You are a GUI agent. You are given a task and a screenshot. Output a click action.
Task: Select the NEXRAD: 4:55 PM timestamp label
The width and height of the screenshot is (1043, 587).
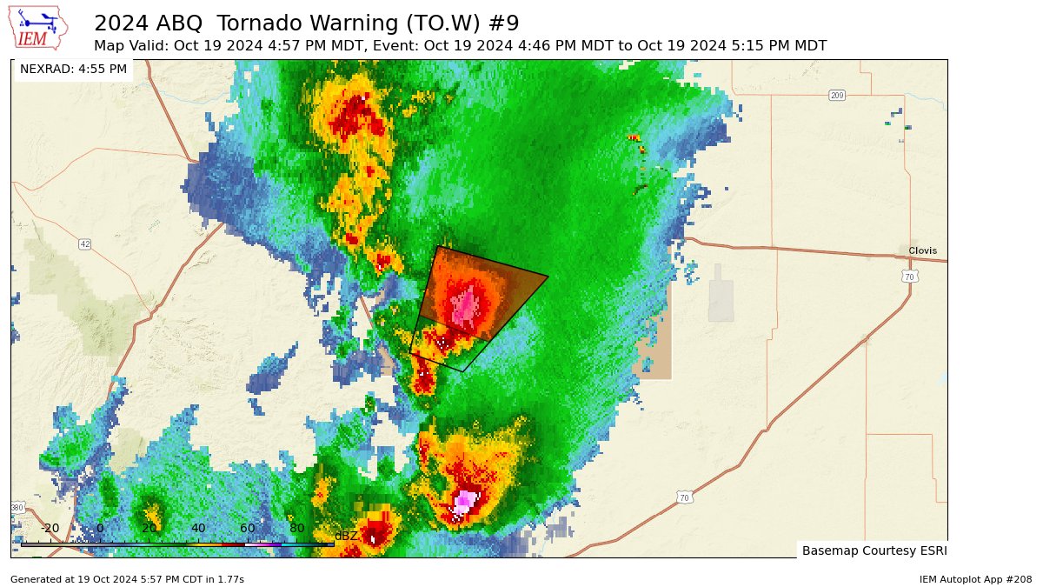tap(73, 69)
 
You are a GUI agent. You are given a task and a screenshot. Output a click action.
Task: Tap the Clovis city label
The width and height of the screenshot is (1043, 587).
tap(922, 250)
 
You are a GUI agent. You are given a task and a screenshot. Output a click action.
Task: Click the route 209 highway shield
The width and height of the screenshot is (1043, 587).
tap(837, 95)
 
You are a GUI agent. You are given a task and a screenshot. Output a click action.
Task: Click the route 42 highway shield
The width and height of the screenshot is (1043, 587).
tap(84, 243)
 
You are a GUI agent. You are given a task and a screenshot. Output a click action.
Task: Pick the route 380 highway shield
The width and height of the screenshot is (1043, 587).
tap(17, 507)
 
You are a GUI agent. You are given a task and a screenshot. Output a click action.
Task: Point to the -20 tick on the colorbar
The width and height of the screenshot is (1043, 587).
tap(50, 528)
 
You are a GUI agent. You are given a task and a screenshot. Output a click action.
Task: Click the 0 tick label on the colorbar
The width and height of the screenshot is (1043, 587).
tap(100, 528)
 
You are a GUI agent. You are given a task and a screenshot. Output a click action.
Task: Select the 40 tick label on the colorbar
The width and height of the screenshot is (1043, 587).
tap(198, 528)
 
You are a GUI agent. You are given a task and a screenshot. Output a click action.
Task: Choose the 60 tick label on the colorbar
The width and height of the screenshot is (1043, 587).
tap(248, 528)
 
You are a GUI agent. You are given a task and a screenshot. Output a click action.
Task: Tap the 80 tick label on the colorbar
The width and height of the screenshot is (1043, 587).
tap(297, 528)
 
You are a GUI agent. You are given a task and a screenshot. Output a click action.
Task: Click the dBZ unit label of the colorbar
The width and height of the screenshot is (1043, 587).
tap(346, 536)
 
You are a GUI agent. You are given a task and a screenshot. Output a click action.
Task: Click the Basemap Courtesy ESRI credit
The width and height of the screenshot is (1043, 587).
tap(874, 550)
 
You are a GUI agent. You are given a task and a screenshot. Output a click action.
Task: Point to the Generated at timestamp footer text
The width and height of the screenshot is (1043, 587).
tap(127, 579)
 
